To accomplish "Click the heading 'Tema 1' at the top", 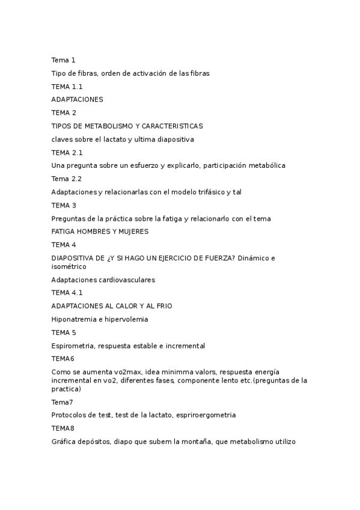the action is pos(63,60).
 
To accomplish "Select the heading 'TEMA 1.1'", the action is pos(67,87).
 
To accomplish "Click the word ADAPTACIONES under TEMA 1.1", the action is pos(77,99).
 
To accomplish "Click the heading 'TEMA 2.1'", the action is pos(67,152).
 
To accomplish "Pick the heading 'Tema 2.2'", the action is pos(66,179).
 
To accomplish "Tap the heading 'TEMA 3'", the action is pos(63,205).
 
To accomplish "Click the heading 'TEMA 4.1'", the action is pos(67,293).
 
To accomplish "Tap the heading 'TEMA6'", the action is pos(63,358).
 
